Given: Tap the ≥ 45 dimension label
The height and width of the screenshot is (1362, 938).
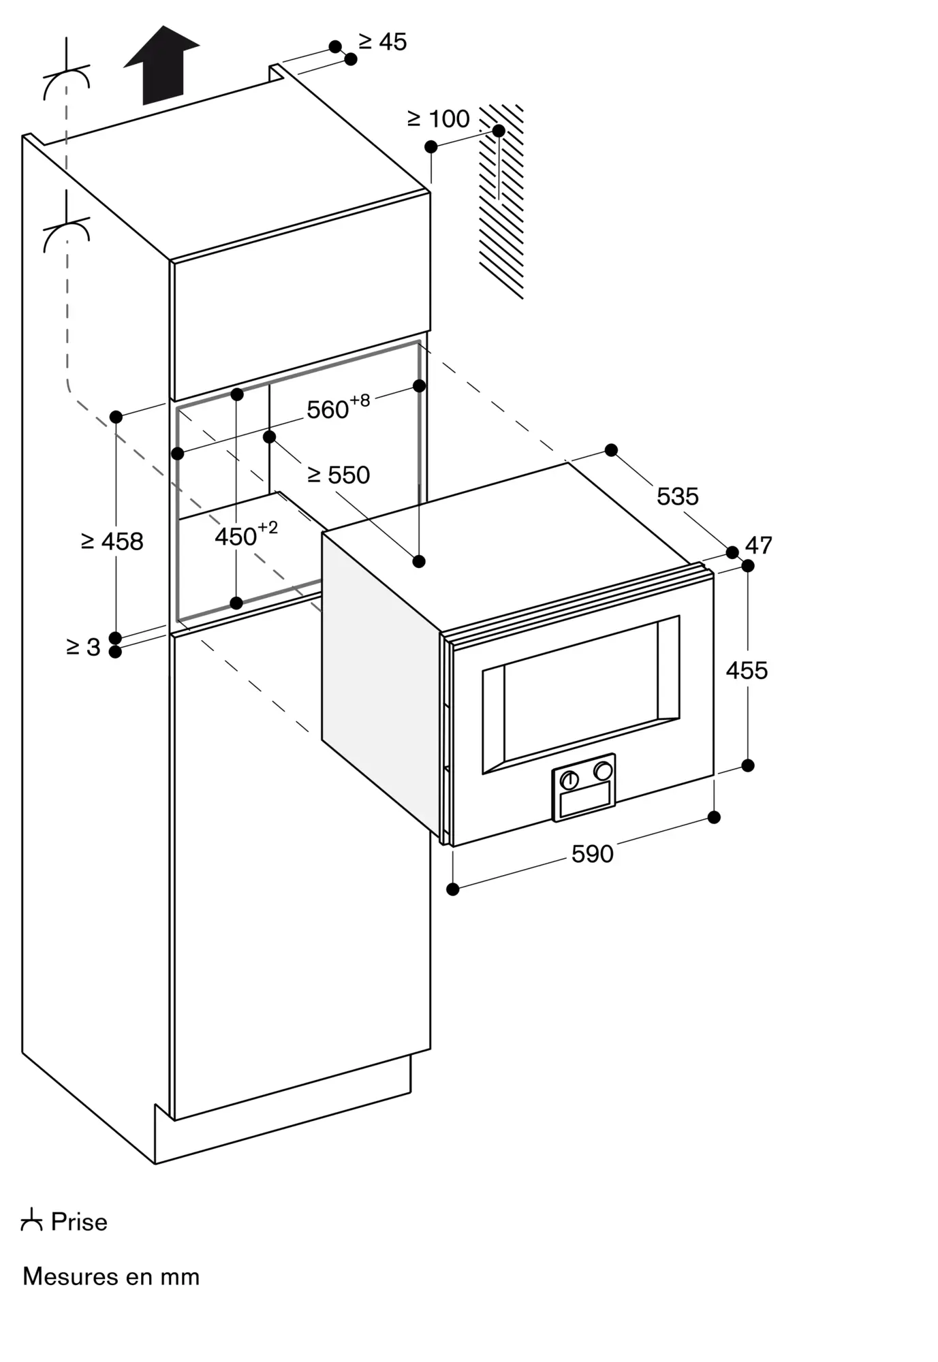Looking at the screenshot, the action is click(383, 42).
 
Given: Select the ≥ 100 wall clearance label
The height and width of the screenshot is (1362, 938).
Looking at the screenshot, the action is click(439, 119).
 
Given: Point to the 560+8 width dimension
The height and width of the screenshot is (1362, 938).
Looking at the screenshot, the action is click(339, 407).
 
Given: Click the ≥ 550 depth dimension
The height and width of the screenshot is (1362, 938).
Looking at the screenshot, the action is click(339, 475).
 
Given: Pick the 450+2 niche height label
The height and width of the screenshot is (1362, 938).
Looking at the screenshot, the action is click(246, 535).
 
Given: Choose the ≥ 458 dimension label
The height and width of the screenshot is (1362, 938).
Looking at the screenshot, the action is click(112, 542).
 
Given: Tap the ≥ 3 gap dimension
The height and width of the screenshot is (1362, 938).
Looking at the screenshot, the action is click(84, 647).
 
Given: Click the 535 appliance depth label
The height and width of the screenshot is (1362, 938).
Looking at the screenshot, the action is click(678, 496).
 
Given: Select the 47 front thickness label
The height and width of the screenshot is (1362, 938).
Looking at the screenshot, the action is click(759, 545).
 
